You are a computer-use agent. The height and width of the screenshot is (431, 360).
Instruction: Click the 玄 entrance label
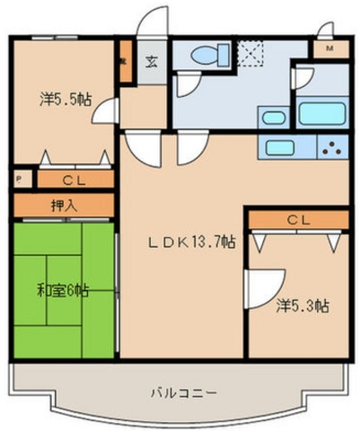(152, 60)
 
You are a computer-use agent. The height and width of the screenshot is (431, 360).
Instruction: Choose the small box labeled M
(329, 48)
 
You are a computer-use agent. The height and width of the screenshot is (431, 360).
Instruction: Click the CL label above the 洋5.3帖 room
(298, 219)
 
